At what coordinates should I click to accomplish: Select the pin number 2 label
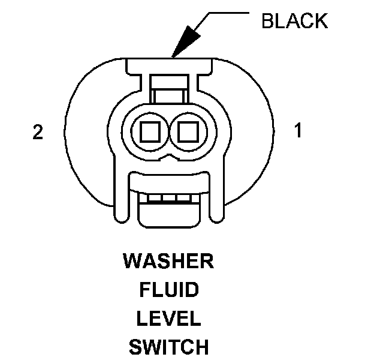pyautogui.click(x=38, y=133)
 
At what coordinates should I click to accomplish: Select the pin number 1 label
pyautogui.click(x=298, y=130)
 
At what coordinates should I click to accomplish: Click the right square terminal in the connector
pyautogui.click(x=188, y=129)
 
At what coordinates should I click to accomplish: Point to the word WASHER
pyautogui.click(x=168, y=262)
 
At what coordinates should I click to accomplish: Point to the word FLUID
pyautogui.click(x=168, y=290)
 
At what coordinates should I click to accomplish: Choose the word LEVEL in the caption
pyautogui.click(x=168, y=319)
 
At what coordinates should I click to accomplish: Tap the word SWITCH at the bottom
pyautogui.click(x=168, y=347)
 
